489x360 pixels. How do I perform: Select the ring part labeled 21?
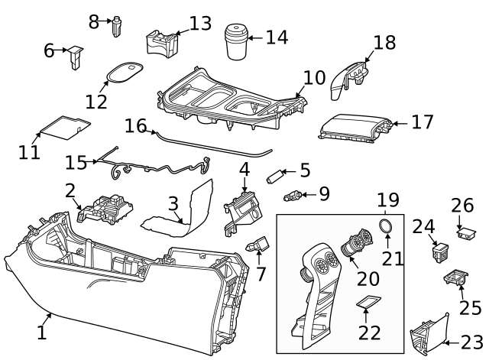click(388, 226)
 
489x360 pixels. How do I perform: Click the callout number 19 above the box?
click(387, 201)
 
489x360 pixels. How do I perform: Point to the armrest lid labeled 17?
click(353, 126)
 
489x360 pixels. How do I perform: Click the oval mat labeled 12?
click(125, 72)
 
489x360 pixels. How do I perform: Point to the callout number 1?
click(42, 333)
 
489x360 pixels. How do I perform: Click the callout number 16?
click(134, 125)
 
